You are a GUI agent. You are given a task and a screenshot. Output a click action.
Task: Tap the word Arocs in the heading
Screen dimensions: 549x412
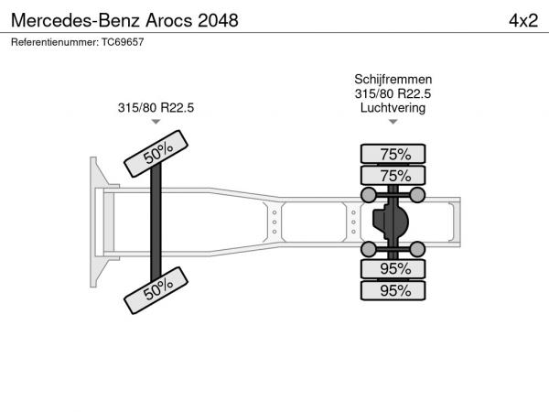coord(168,20)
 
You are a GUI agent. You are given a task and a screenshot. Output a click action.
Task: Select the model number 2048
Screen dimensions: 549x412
coord(218,20)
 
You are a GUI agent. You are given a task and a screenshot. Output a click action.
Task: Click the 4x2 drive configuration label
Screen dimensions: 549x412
coord(523,21)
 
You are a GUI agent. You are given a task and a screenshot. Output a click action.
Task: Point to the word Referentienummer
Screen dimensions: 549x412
coord(55,42)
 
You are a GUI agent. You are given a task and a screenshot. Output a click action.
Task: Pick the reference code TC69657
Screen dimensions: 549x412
coord(123,42)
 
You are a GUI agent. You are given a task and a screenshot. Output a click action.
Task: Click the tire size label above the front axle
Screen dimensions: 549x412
coord(156,107)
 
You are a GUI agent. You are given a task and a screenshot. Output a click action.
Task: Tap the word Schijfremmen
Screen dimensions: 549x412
coord(393,79)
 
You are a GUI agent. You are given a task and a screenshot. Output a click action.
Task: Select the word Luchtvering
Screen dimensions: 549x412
coord(393,108)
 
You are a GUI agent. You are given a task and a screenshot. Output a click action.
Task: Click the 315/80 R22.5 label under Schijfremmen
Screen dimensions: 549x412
coord(393,93)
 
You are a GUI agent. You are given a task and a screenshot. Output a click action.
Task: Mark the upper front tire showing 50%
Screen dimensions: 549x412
coord(156,154)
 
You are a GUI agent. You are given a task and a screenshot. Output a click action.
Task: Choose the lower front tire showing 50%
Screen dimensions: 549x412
coord(156,290)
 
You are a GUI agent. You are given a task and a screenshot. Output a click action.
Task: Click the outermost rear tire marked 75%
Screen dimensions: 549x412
coord(393,154)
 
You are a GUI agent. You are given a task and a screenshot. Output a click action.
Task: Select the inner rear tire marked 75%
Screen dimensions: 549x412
coord(393,175)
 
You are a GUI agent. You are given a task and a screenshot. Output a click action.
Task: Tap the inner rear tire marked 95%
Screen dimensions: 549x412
coord(393,268)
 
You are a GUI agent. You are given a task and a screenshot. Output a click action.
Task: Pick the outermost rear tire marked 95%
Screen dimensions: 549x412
coord(393,290)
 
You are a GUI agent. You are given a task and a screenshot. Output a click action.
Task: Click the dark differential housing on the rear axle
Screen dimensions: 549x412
coord(391,222)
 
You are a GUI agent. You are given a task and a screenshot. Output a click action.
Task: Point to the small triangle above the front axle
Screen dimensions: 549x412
coord(156,122)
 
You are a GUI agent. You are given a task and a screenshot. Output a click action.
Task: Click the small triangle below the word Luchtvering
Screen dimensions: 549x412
coord(393,122)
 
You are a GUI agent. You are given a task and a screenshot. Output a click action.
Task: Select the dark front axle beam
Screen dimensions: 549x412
coord(156,222)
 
